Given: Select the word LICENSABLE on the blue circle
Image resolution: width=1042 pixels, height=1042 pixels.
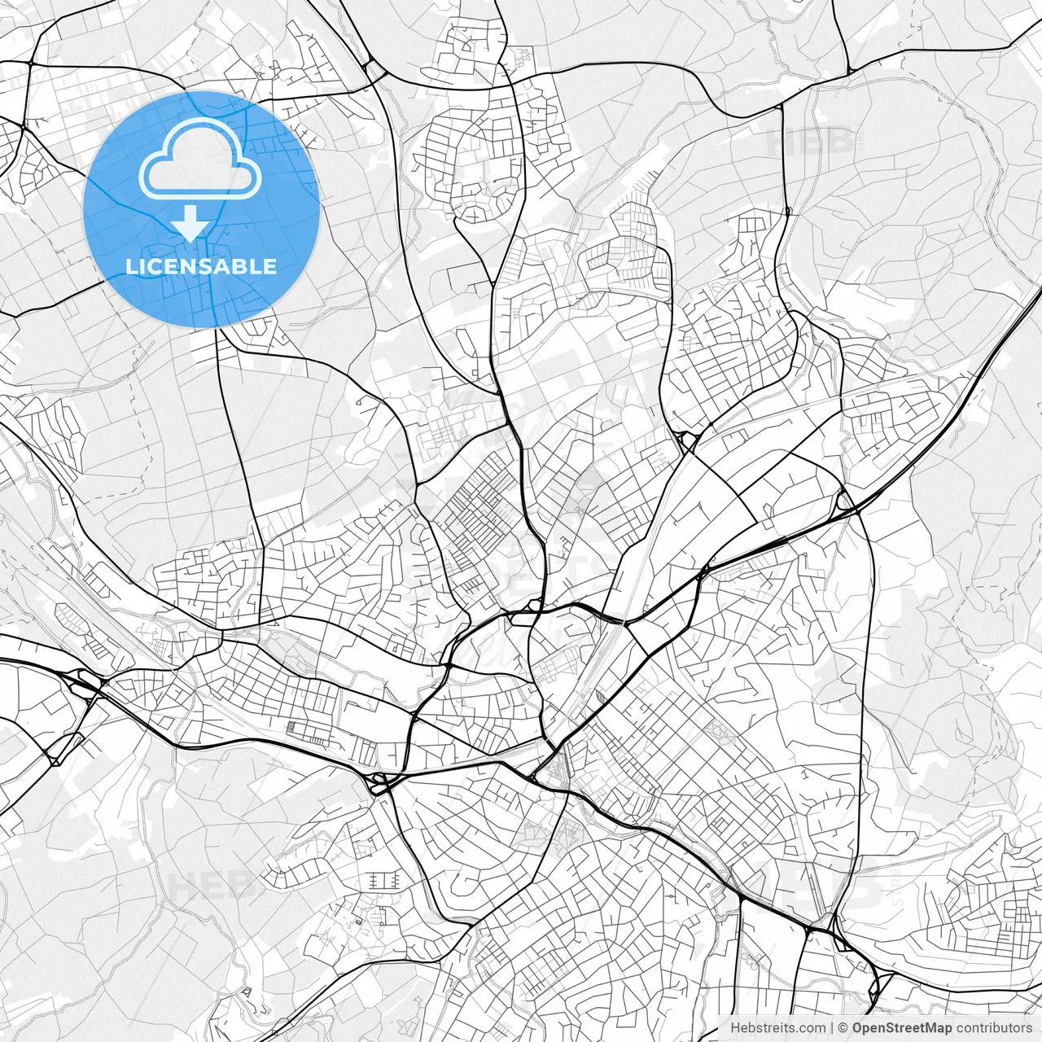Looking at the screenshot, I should click(x=201, y=267).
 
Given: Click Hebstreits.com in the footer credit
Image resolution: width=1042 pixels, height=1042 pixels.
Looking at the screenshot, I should click(x=777, y=1028).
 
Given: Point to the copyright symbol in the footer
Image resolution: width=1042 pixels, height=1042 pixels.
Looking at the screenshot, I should click(x=843, y=1028).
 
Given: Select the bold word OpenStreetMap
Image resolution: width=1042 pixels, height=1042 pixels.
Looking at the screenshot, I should click(x=902, y=1028).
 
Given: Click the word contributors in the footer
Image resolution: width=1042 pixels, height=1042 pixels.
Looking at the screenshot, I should click(x=993, y=1028).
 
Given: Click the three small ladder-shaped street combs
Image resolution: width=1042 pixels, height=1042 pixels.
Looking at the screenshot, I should click(x=383, y=881).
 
